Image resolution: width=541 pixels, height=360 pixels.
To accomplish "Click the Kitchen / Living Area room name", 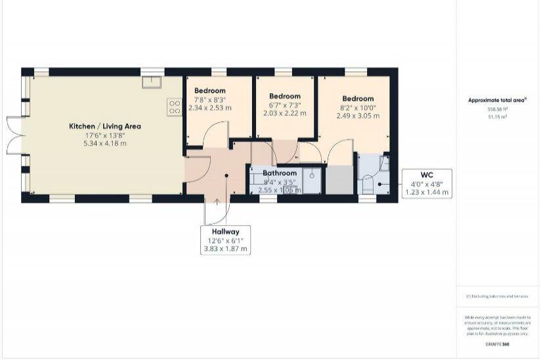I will (105, 125).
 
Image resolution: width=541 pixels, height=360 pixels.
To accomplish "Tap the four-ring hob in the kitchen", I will (175, 106).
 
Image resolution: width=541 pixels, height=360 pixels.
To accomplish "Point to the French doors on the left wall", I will (14, 135).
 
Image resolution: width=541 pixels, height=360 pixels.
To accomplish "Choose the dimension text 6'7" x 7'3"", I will (284, 104).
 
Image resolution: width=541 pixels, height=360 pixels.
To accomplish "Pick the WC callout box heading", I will (427, 175).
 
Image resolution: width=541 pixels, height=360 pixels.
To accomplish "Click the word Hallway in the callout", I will (225, 231).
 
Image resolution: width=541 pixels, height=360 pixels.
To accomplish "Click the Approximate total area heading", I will (497, 100).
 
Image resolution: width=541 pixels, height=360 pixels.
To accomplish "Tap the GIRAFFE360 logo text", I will (497, 344).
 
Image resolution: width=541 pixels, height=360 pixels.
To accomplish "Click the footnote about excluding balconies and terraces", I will (497, 296).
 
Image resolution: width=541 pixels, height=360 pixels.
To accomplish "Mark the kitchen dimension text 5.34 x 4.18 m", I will (105, 143).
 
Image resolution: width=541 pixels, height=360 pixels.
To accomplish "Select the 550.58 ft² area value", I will (497, 108).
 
